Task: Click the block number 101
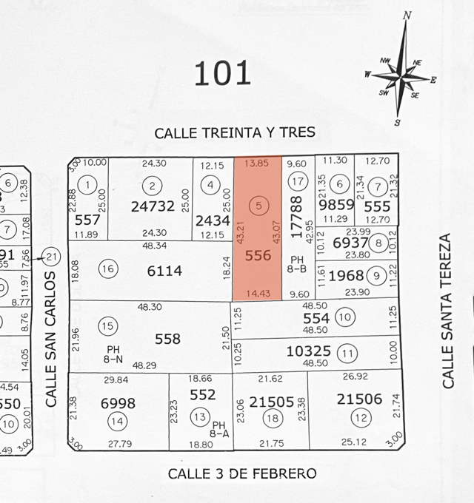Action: click(x=222, y=73)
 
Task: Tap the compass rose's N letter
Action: click(x=407, y=16)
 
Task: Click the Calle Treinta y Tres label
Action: click(x=235, y=132)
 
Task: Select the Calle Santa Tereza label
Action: click(x=446, y=311)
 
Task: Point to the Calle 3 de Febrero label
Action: click(x=242, y=473)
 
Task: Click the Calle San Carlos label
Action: click(x=51, y=340)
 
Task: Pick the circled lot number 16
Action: click(x=108, y=269)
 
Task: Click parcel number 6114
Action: click(x=164, y=271)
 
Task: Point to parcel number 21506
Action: click(x=359, y=399)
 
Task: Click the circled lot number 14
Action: click(x=116, y=422)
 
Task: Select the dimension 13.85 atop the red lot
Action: click(x=258, y=163)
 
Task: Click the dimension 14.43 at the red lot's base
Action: click(x=258, y=294)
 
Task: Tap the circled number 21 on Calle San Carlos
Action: click(x=51, y=257)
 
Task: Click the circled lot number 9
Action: click(x=377, y=277)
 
